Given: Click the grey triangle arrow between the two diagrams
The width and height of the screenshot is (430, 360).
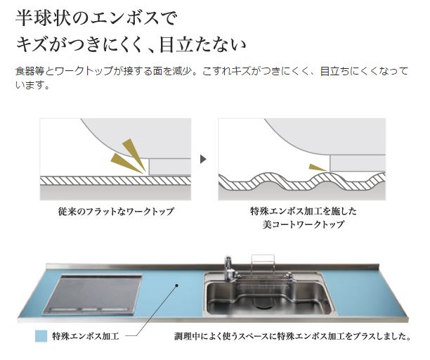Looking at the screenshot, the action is tap(203, 159).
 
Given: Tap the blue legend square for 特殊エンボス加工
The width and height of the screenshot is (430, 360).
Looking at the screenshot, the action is tap(41, 336).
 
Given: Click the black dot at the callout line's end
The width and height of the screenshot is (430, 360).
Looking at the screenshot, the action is tap(177, 285).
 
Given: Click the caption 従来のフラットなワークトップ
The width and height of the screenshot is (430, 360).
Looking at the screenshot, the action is tap(116, 211).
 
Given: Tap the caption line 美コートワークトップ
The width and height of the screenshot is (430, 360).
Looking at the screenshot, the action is tap(303, 224).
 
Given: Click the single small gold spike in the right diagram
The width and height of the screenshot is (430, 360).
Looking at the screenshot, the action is tap(318, 167).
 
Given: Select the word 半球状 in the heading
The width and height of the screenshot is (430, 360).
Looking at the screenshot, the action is tap(41, 18).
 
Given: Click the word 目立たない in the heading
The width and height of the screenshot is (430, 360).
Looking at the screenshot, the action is tap(202, 45).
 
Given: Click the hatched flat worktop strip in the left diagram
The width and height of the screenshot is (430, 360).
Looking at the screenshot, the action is tap(115, 181).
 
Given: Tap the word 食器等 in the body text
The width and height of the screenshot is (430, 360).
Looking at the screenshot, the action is tap(30, 71).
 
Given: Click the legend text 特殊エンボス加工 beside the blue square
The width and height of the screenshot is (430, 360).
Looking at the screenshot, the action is tap(86, 336).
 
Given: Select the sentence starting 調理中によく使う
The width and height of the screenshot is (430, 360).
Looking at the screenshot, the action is tap(292, 336).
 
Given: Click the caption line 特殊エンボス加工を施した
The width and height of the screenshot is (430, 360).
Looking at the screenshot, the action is tap(303, 211).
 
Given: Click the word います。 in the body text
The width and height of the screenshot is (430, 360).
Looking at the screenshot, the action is tap(32, 85).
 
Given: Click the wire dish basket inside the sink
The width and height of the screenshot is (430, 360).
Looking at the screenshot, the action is tap(263, 283).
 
